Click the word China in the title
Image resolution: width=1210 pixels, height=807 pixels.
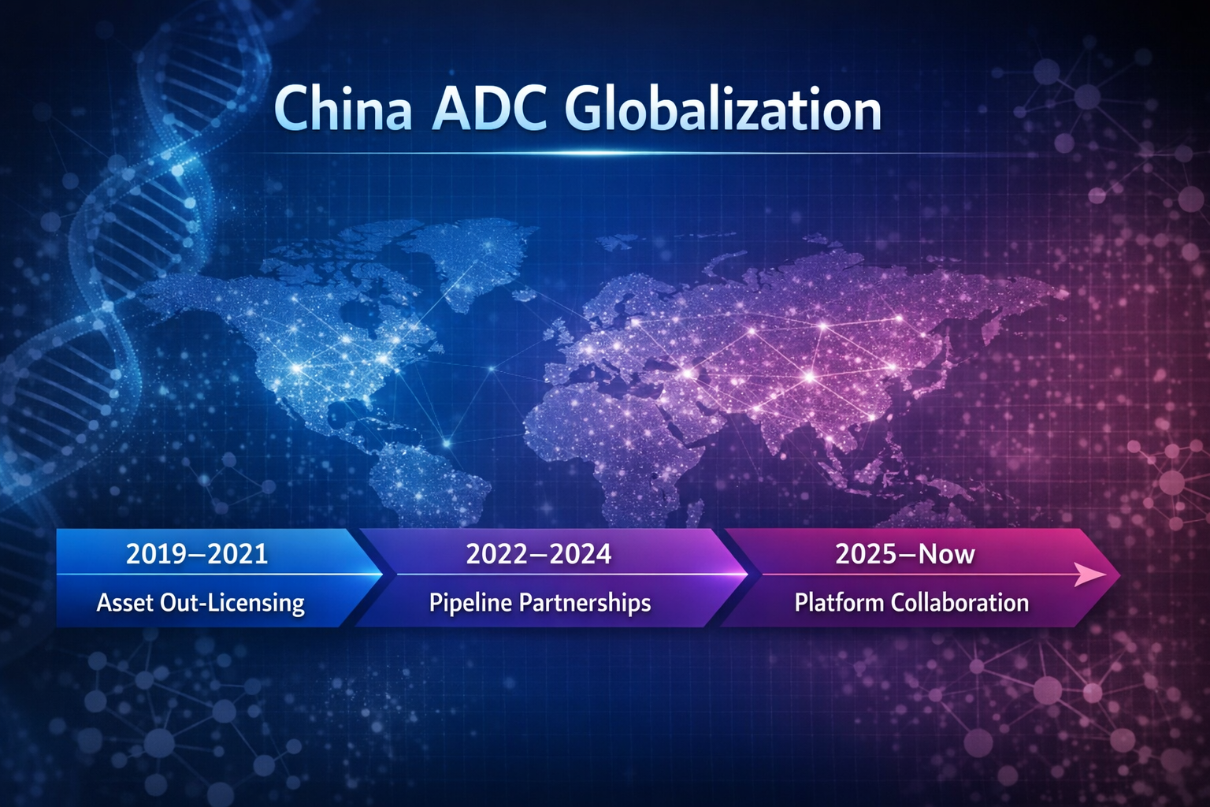click(343, 110)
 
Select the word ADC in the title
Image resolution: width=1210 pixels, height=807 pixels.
click(489, 110)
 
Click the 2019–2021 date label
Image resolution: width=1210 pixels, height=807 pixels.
click(197, 554)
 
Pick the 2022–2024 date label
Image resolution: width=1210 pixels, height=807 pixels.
click(539, 554)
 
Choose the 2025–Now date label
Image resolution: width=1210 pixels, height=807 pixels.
click(905, 554)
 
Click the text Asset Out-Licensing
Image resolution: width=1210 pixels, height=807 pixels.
click(200, 603)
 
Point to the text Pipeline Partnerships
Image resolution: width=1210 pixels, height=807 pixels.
click(540, 603)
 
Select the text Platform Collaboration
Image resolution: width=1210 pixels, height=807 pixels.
click(911, 603)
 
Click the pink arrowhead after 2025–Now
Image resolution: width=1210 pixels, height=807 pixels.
click(1091, 575)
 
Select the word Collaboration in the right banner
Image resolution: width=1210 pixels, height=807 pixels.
click(959, 603)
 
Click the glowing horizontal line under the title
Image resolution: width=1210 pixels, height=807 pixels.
click(583, 153)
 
